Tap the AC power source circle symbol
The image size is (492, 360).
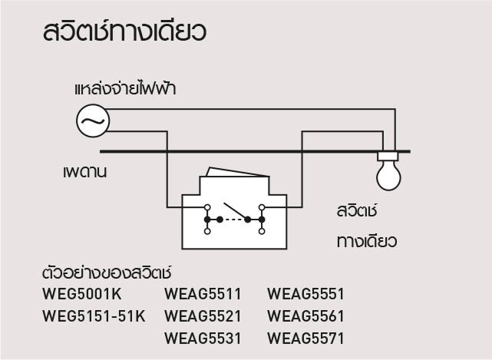(x=93, y=121)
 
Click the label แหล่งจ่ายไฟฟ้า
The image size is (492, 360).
(x=125, y=89)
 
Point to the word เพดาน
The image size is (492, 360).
(x=84, y=171)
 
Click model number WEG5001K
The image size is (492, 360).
(x=82, y=293)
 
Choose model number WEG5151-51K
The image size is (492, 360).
(x=94, y=315)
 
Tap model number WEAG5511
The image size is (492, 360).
(x=203, y=293)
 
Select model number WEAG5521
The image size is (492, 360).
(x=203, y=315)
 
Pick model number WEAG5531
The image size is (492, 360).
(x=203, y=338)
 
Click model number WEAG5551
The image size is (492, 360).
(x=305, y=293)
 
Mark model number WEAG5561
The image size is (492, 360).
(x=305, y=315)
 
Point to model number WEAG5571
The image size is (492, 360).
(x=305, y=338)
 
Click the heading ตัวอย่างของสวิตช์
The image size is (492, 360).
(x=105, y=272)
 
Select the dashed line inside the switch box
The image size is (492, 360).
(x=234, y=220)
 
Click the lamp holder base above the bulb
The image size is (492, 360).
(x=388, y=157)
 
